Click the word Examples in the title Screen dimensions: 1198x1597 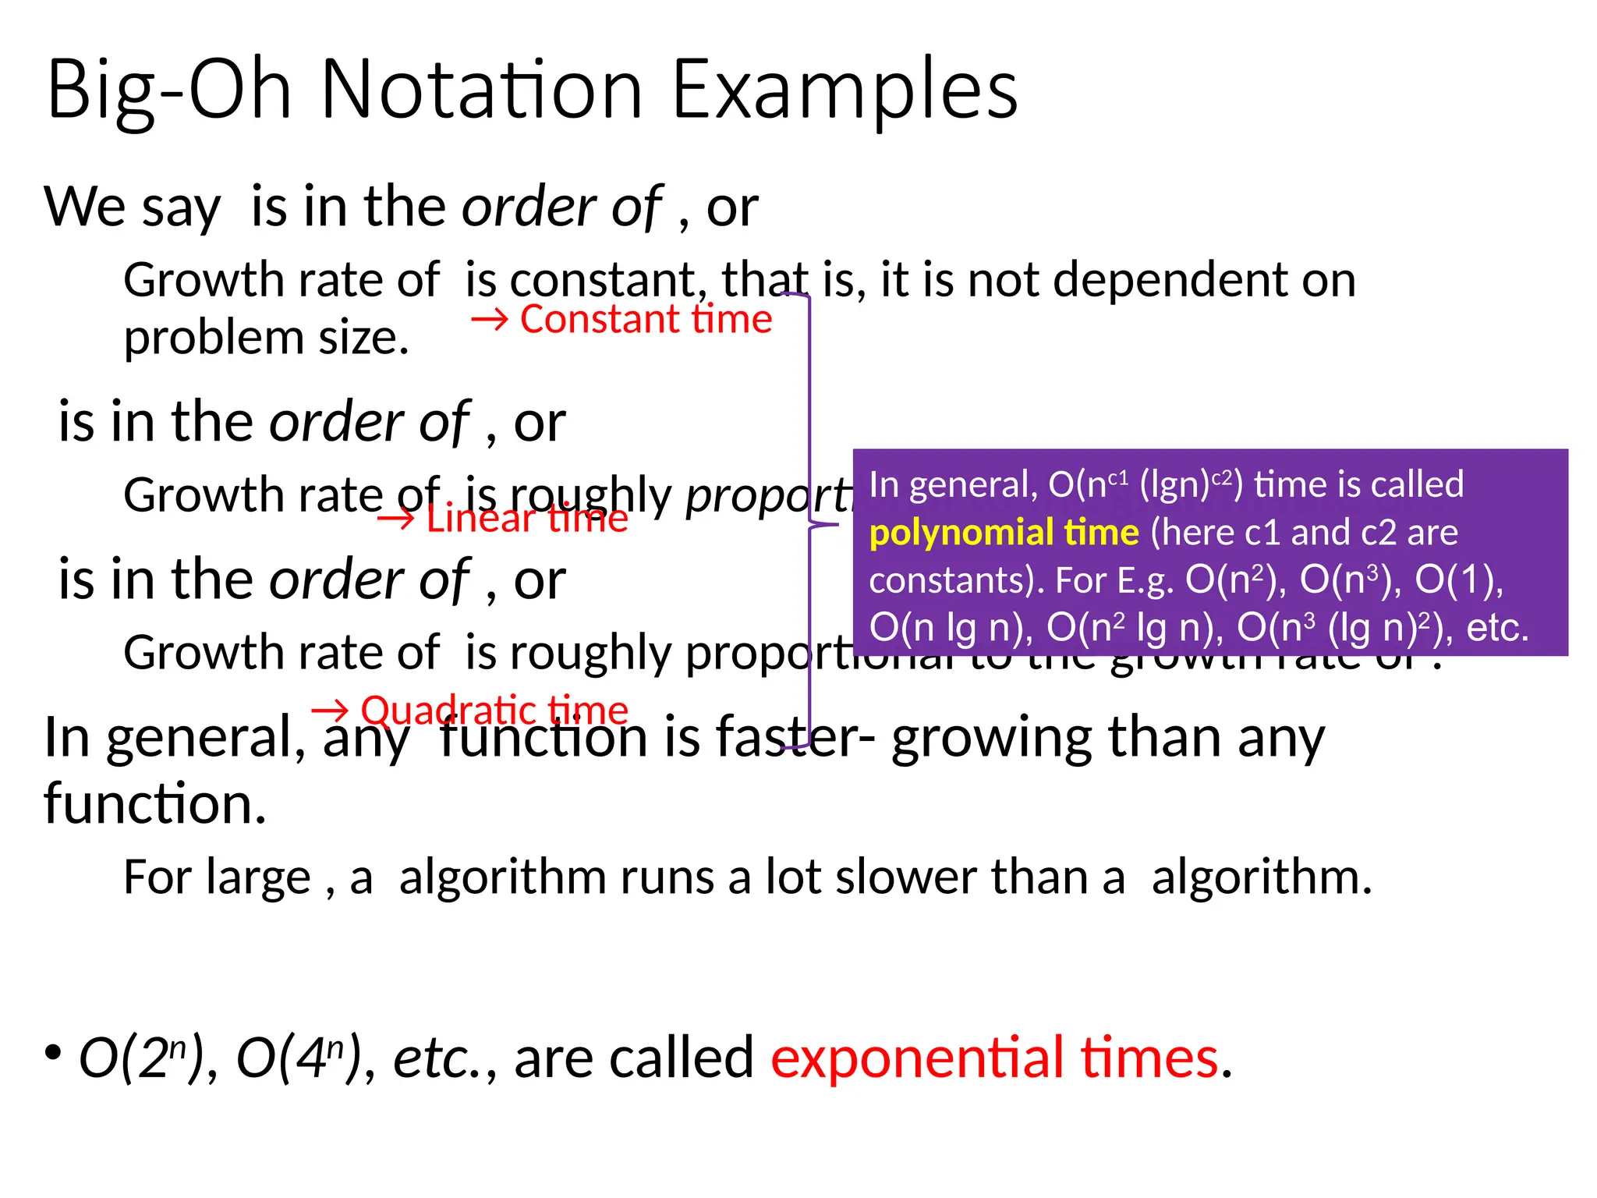click(x=845, y=92)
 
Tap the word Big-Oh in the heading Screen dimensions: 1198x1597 click(x=168, y=92)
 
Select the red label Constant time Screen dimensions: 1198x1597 click(x=646, y=320)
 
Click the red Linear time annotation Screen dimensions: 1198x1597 click(x=526, y=519)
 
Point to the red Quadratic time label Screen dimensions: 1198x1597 click(x=494, y=711)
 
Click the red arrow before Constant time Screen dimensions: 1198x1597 click(x=490, y=321)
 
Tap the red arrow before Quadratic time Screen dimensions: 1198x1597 click(x=330, y=711)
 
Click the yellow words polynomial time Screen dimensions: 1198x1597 click(x=1004, y=533)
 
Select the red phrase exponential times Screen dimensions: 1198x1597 click(x=995, y=1058)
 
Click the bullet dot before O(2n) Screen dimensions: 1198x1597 click(x=53, y=1053)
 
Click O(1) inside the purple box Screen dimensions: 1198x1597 click(x=1454, y=580)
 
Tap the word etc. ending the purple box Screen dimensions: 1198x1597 click(x=1497, y=628)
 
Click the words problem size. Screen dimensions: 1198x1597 click(x=266, y=338)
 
